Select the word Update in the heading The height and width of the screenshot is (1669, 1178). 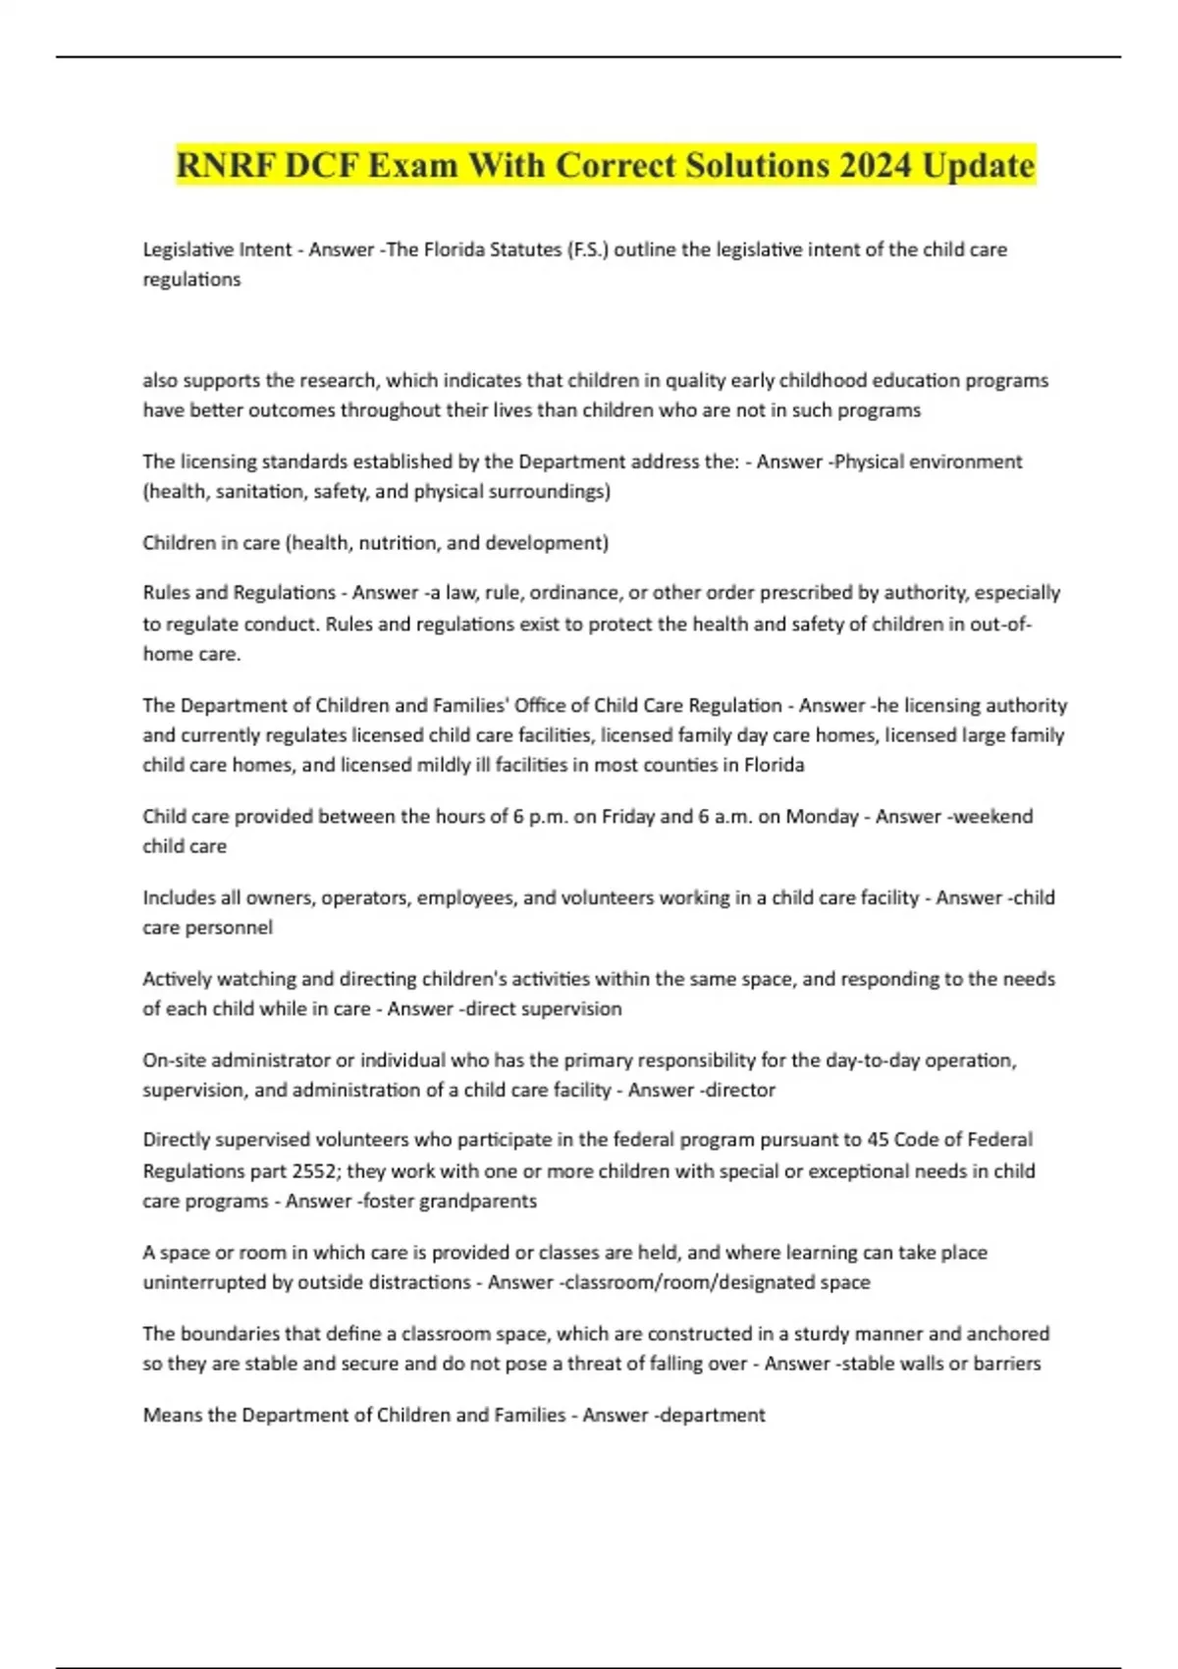point(978,165)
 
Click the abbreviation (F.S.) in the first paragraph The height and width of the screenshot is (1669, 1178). point(587,249)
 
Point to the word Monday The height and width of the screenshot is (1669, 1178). point(822,816)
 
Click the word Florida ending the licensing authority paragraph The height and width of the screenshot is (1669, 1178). point(774,765)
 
